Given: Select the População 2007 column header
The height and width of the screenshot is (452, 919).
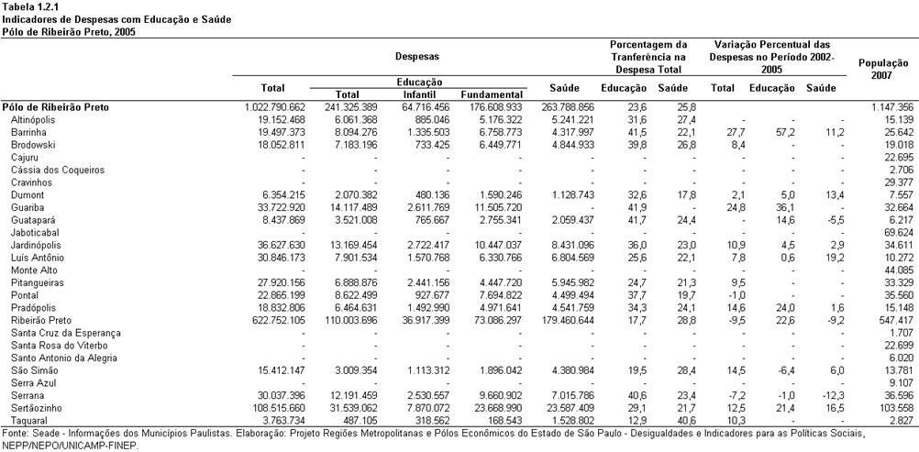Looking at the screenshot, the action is [x=883, y=69].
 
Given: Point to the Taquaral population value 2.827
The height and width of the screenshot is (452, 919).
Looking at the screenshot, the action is [x=901, y=420].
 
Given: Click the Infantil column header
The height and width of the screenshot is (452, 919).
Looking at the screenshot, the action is [x=419, y=94].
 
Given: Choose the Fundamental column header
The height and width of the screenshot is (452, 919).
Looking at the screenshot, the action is [x=492, y=94].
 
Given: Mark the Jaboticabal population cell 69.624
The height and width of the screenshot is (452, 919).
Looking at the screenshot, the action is [x=899, y=233].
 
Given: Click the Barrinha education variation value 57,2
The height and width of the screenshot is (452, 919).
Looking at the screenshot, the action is [x=778, y=133].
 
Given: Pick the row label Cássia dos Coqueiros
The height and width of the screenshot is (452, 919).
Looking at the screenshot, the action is [x=58, y=170].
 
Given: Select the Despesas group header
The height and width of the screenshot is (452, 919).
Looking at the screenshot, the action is [x=416, y=56].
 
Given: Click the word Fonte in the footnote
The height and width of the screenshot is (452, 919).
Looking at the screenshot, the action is [x=14, y=434].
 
